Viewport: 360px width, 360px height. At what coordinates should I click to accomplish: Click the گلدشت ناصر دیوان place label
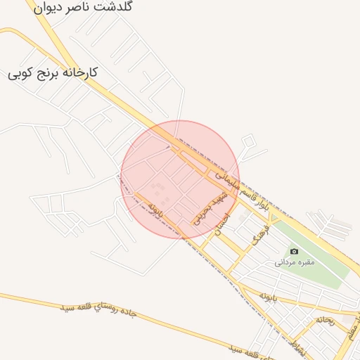pyautogui.click(x=82, y=7)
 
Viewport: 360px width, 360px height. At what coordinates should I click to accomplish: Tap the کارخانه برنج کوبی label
pyautogui.click(x=52, y=72)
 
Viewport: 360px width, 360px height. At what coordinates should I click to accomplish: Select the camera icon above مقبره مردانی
pyautogui.click(x=293, y=251)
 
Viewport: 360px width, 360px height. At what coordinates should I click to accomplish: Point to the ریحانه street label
pyautogui.click(x=325, y=320)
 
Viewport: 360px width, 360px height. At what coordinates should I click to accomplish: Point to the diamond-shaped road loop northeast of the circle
pyautogui.click(x=247, y=142)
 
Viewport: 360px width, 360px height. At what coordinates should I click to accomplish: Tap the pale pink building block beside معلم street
pyautogui.click(x=349, y=320)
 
